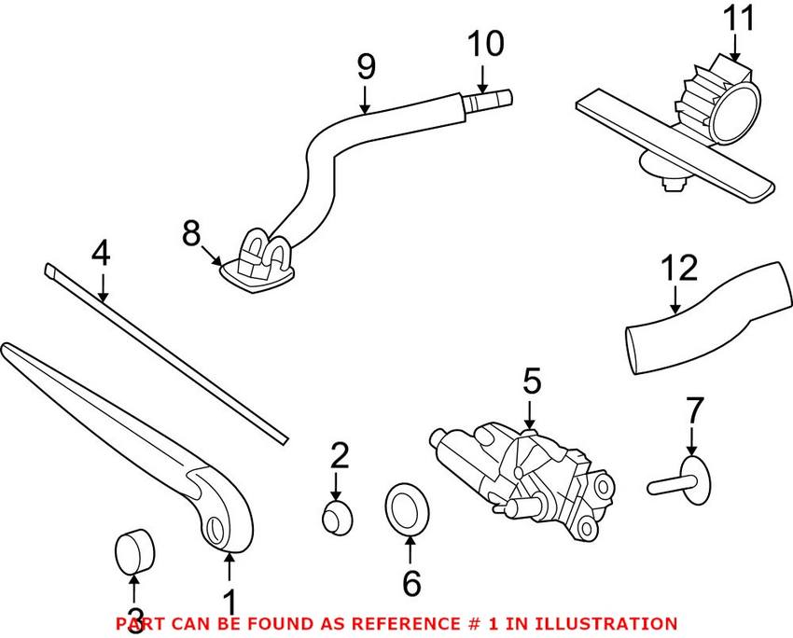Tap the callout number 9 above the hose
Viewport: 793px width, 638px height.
point(365,66)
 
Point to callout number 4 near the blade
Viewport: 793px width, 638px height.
point(101,254)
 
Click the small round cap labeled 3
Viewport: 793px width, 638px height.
point(135,550)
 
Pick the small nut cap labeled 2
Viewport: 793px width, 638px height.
point(336,515)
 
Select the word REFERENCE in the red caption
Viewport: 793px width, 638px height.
point(381,623)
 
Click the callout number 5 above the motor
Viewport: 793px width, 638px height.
point(531,381)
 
